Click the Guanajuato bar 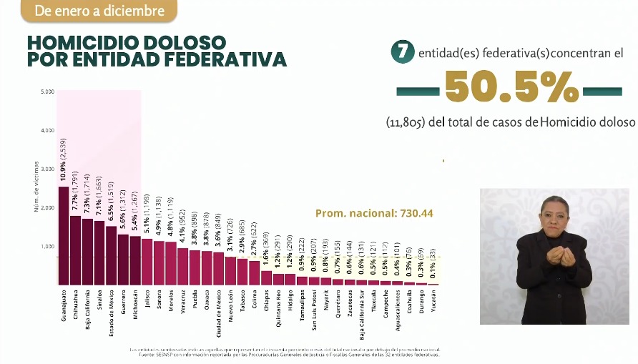coord(64,236)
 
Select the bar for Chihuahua coord(75,250)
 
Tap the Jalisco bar coord(147,262)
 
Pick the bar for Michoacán coord(135,260)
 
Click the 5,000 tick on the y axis coord(48,92)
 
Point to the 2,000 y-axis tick coord(48,207)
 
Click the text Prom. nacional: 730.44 coord(374,213)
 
